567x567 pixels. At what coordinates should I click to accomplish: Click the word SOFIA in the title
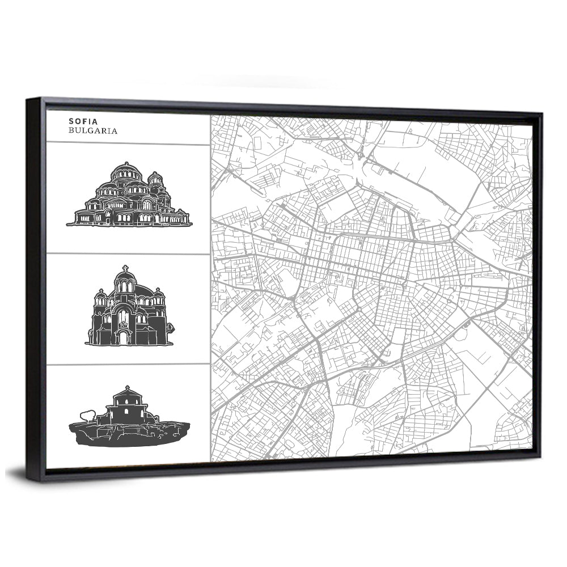[x=83, y=121]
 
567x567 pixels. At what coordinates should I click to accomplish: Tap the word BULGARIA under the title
[x=92, y=130]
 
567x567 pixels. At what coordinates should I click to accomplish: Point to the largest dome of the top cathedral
[x=126, y=173]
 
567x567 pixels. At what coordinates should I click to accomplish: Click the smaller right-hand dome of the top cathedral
[x=155, y=179]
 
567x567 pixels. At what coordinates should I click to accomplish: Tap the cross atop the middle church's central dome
[x=125, y=268]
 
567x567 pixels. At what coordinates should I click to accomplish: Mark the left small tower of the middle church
[x=100, y=298]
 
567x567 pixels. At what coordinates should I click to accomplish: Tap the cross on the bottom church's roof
[x=126, y=388]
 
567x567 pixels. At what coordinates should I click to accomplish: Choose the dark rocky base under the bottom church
[x=129, y=435]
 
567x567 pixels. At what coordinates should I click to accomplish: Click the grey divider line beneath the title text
[x=128, y=144]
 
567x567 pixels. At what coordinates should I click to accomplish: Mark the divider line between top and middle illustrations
[x=128, y=253]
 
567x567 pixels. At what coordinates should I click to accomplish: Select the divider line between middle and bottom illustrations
[x=128, y=364]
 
